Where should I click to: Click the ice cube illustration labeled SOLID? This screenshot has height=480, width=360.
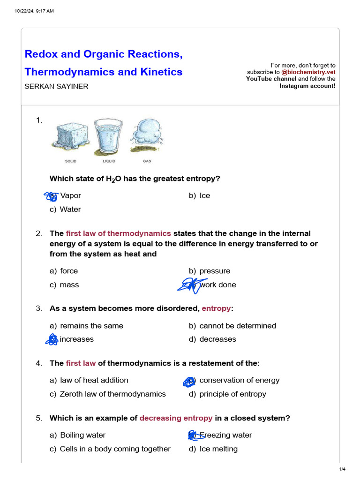coord(69,136)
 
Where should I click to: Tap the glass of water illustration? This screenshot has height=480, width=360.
coord(108,136)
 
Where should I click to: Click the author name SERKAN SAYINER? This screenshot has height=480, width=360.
coord(56,86)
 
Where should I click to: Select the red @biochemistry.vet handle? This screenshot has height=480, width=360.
coord(308,72)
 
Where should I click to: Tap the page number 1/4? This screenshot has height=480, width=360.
coord(342,469)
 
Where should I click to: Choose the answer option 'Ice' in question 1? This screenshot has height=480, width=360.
coord(204,195)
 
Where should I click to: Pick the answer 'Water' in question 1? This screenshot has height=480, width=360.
coord(70,210)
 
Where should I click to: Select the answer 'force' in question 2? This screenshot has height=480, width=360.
coord(69,271)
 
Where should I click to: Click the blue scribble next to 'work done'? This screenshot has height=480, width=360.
coord(189,285)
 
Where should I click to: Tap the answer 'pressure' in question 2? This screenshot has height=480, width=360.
coord(215,271)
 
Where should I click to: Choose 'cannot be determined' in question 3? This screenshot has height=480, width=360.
coord(237,326)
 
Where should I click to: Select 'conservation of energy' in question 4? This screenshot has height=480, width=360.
coord(239,380)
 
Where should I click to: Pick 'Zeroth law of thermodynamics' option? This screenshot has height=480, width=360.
coord(112,394)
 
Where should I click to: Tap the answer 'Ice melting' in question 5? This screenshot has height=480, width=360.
coord(218,449)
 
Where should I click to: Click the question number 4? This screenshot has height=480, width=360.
coord(39,363)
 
